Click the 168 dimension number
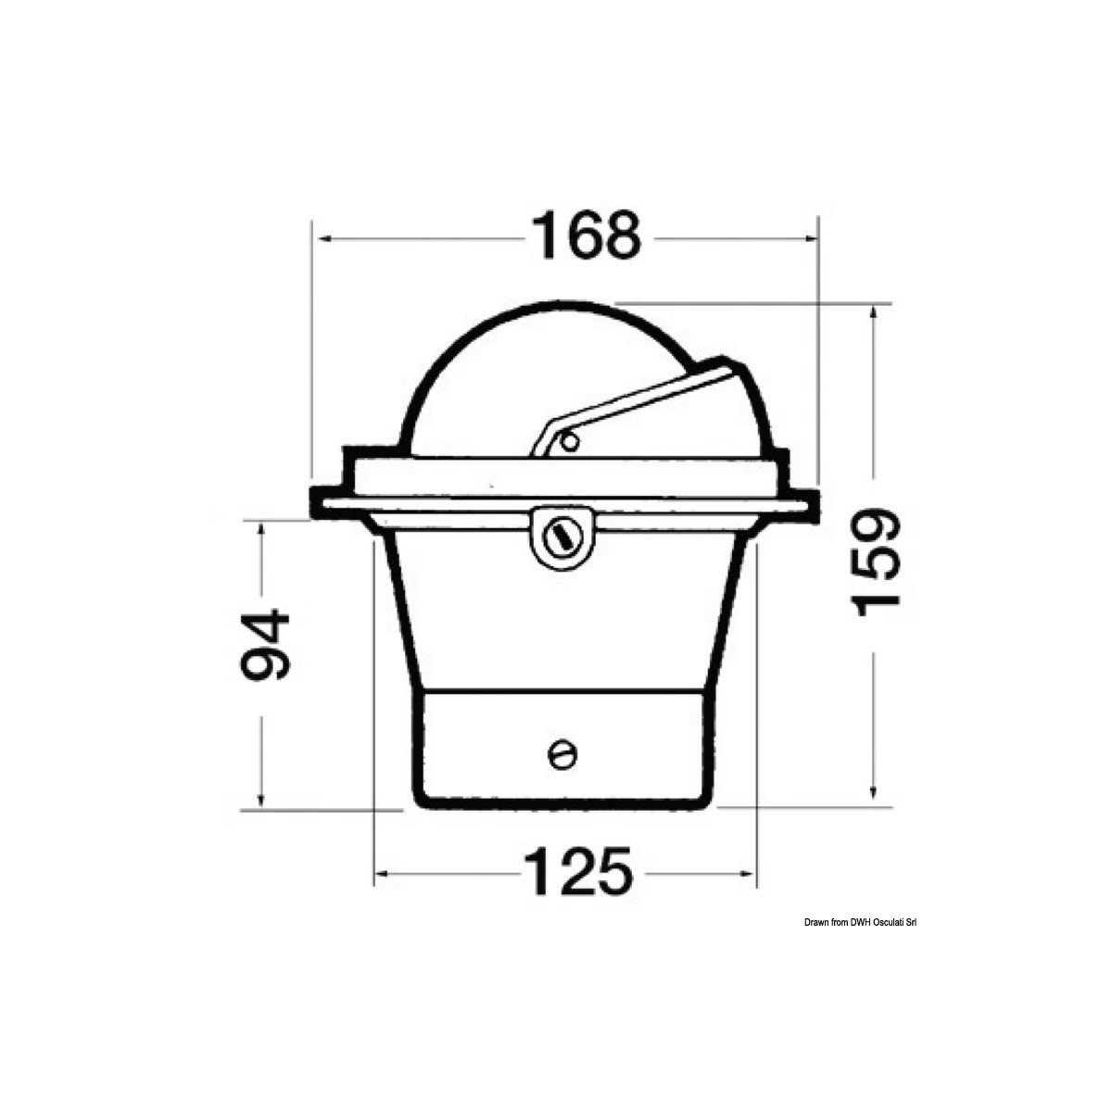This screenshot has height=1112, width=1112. click(x=584, y=237)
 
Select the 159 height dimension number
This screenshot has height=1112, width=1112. click(x=875, y=562)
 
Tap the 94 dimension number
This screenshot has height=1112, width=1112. click(x=264, y=645)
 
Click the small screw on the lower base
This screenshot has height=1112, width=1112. click(x=562, y=754)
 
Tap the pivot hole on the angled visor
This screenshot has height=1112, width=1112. click(x=570, y=442)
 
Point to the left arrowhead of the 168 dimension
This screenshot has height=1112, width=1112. click(x=321, y=238)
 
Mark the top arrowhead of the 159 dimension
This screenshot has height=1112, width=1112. click(x=873, y=313)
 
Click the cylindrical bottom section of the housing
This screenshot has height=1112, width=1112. click(x=562, y=746)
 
